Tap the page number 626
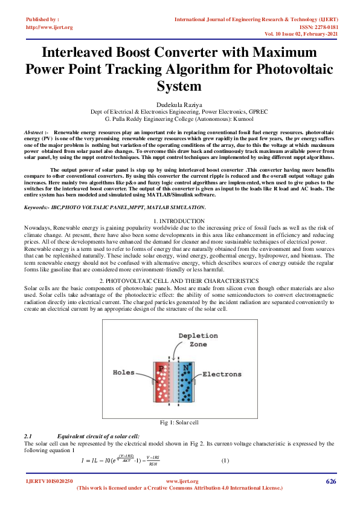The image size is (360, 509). pos(330,481)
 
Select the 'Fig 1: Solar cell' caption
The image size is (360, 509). pos(179,422)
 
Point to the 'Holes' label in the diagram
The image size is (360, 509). pos(124,373)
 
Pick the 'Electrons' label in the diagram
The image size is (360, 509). pos(222,374)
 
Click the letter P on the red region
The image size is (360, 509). pos(161,368)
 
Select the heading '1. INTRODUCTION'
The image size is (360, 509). pos(179,221)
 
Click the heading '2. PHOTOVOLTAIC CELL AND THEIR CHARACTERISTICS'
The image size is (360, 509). pos(179,281)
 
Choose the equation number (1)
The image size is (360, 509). pos(225,461)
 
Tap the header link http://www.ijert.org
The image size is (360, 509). pos(48,27)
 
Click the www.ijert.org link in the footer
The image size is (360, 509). pos(179,481)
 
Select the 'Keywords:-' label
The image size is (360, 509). pos(40,207)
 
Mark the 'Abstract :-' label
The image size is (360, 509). pos(36,131)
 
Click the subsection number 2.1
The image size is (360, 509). pos(28,436)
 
